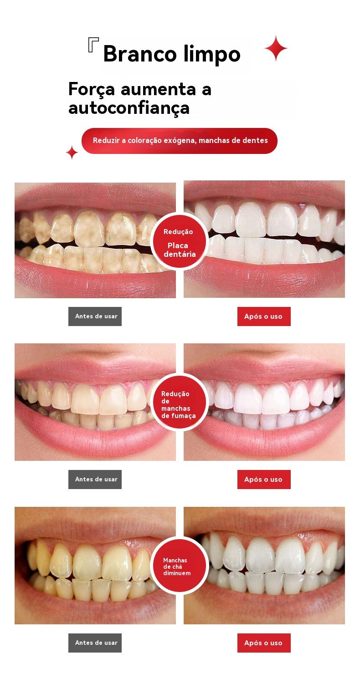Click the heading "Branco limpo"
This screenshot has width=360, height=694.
tap(172, 54)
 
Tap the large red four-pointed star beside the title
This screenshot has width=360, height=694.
tap(276, 48)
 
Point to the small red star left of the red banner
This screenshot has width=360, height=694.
tap(72, 153)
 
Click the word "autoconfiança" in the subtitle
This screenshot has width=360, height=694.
tap(129, 108)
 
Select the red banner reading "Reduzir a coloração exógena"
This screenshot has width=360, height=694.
tap(180, 141)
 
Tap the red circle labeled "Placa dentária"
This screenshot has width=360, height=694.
tap(179, 241)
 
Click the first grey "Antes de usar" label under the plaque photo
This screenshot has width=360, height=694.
tap(95, 316)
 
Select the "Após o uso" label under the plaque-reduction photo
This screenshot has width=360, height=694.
tap(264, 316)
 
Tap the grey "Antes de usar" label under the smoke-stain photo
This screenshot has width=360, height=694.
tap(95, 480)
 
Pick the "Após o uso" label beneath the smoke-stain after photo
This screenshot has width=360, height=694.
tap(264, 480)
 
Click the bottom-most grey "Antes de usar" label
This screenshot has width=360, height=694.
tap(95, 643)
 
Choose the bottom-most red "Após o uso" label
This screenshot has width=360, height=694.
tap(264, 643)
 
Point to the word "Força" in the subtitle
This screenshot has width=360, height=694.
tap(92, 90)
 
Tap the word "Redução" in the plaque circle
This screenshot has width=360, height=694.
tap(178, 232)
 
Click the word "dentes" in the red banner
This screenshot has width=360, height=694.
tap(256, 140)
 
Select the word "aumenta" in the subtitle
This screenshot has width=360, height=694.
tap(158, 90)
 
